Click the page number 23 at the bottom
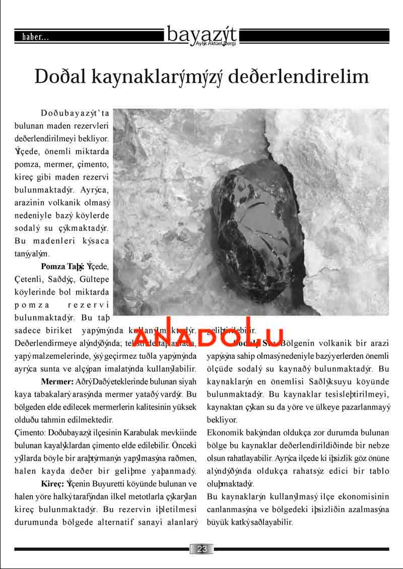pyautogui.click(x=202, y=549)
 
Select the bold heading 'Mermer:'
pyautogui.click(x=57, y=380)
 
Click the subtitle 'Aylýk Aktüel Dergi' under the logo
pyautogui.click(x=215, y=44)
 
